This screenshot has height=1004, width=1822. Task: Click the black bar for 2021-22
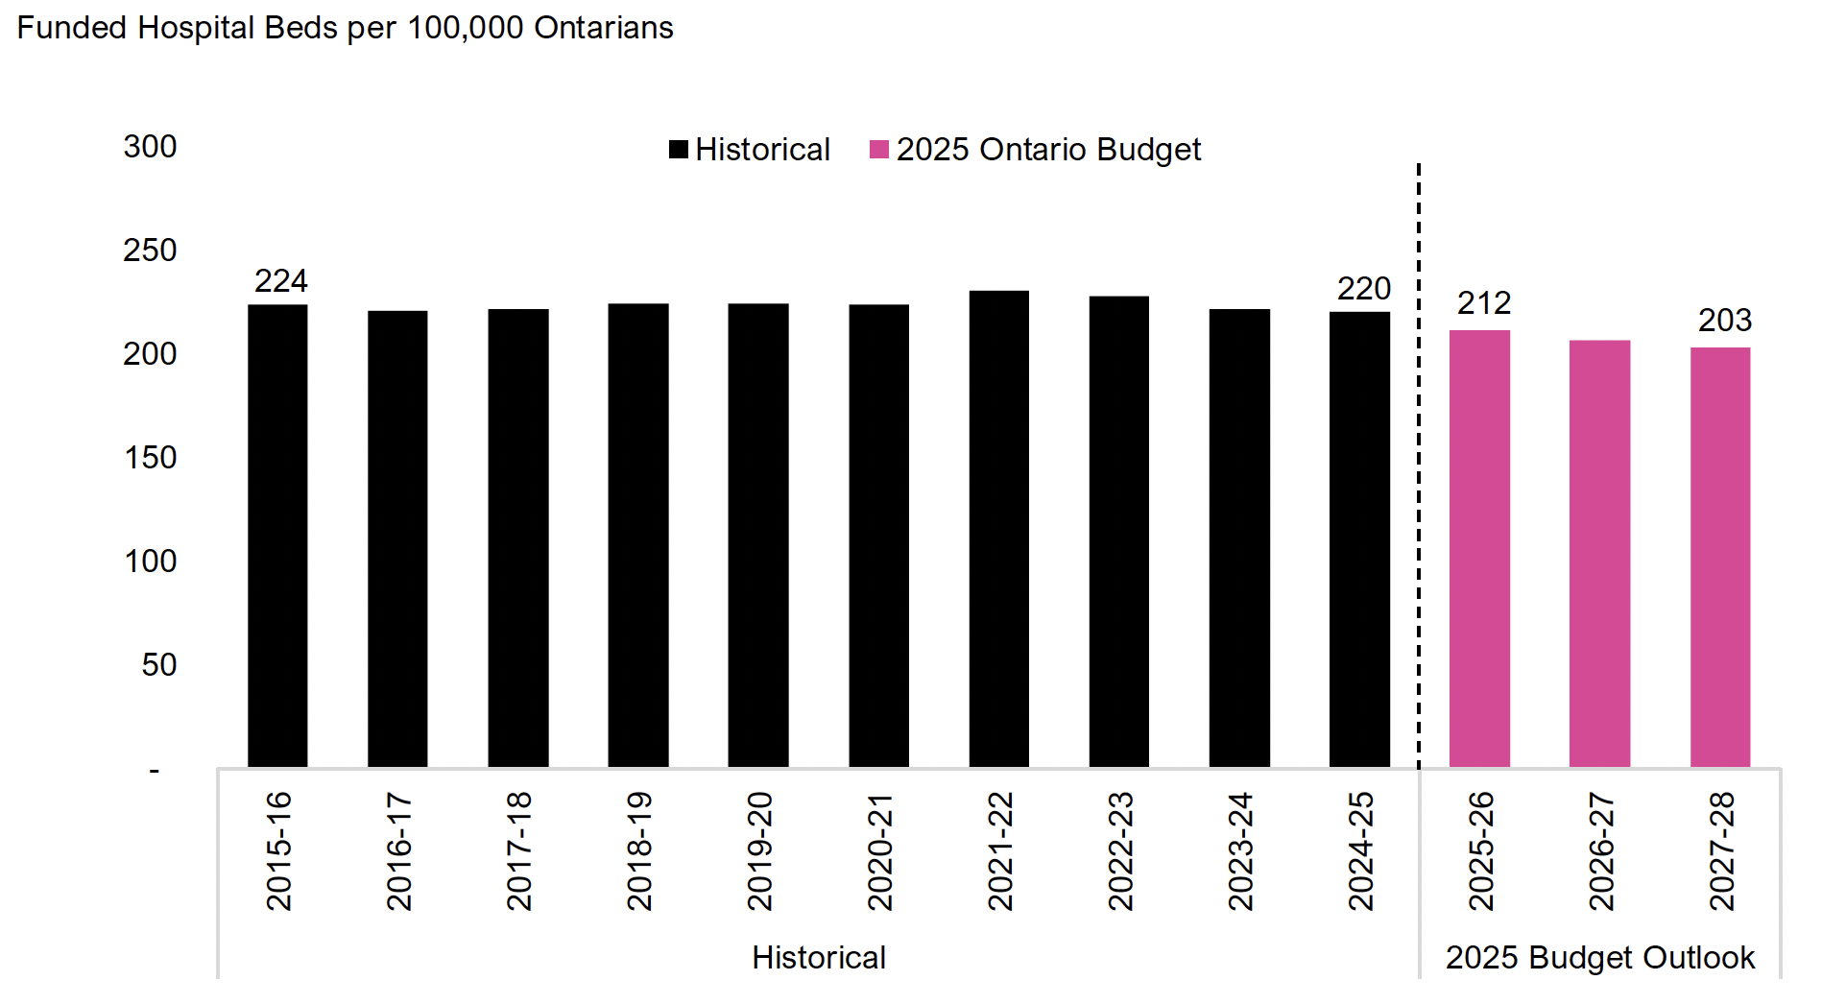tap(998, 528)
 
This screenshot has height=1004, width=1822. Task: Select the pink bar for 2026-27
tap(1599, 553)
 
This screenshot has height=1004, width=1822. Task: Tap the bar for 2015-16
tap(277, 536)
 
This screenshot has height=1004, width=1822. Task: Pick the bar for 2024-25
tap(1359, 538)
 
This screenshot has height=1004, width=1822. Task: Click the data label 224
tap(280, 281)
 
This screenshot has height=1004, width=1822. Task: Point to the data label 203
tap(1724, 321)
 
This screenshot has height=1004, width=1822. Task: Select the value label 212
tap(1483, 303)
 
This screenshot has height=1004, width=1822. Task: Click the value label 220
tap(1363, 289)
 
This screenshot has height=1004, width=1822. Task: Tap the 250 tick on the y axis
tap(150, 251)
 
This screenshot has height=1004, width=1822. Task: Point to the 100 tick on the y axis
tap(150, 562)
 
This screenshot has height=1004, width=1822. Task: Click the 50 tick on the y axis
tap(158, 665)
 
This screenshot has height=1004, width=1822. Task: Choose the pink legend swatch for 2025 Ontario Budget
tap(878, 150)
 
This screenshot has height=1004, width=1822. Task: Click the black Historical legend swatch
tap(679, 150)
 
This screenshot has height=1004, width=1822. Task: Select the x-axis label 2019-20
tap(759, 850)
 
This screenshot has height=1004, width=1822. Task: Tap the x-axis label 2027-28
tap(1721, 850)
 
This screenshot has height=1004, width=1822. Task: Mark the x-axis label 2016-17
tap(398, 850)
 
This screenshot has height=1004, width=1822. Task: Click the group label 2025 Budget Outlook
tap(1599, 958)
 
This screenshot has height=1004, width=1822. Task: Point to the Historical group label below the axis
tap(818, 958)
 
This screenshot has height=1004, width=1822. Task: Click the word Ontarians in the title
tap(603, 28)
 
